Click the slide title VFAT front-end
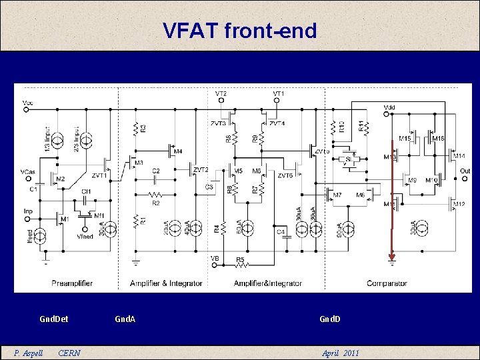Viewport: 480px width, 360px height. pos(239,30)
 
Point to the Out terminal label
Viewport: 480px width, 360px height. pos(465,171)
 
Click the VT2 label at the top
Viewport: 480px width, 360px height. pos(221,94)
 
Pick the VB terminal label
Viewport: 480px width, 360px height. pos(215,258)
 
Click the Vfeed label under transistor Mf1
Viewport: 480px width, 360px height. pos(85,236)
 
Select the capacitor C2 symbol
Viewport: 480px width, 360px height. pos(156,179)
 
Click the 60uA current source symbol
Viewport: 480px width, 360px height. pos(247,228)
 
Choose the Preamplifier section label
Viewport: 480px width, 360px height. pos(72,283)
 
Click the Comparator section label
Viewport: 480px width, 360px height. pos(387,283)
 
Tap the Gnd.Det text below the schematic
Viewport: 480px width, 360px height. pos(54,319)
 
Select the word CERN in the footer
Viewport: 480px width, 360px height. pos(69,353)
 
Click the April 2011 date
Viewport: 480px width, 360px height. pos(340,353)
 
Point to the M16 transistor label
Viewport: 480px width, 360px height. pos(438,137)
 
